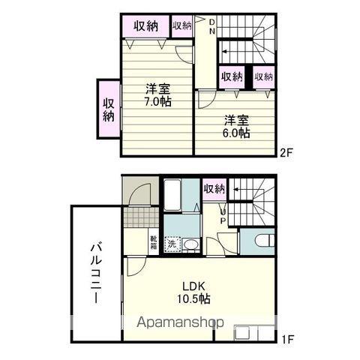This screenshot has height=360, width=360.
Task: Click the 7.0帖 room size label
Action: [157, 101]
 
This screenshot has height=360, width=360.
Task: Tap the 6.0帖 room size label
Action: [236, 133]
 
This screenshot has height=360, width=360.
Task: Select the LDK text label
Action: [193, 286]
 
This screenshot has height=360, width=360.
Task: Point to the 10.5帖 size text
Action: [193, 298]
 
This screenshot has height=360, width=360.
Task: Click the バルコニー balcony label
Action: [97, 274]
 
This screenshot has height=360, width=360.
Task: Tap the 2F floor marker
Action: [286, 152]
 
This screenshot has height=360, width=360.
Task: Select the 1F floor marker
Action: [287, 339]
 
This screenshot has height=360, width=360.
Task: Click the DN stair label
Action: [212, 26]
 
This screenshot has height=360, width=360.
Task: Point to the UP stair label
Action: [223, 216]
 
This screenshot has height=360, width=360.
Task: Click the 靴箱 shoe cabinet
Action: [154, 242]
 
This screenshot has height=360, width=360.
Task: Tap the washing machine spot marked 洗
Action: [172, 244]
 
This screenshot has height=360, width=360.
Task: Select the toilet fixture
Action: [265, 242]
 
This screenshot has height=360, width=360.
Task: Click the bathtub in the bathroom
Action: [172, 194]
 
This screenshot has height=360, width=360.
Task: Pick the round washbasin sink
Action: [191, 244]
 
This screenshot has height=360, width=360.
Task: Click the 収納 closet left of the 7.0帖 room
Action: [109, 109]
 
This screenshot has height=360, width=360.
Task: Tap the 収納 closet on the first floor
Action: [214, 189]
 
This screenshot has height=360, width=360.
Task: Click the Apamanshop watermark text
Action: [180, 322]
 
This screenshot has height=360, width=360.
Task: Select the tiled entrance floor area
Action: [142, 217]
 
